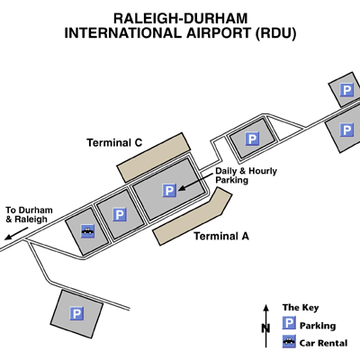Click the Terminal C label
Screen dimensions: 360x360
point(114,142)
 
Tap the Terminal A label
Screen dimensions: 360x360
point(221,236)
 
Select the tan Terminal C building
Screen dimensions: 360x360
point(154,157)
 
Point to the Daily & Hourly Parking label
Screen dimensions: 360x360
point(246,175)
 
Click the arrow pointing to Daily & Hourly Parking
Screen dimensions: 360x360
point(195,182)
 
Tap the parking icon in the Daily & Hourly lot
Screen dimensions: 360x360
point(169,191)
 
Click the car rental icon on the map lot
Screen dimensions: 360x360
point(88,231)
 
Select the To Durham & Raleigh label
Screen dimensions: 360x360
point(29,214)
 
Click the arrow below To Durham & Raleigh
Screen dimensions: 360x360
point(16,234)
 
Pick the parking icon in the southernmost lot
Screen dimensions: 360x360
point(76,314)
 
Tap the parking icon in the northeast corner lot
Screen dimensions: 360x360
point(346,90)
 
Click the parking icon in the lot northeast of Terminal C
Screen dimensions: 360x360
point(252,139)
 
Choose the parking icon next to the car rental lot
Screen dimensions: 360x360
point(120,214)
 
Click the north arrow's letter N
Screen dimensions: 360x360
point(265,328)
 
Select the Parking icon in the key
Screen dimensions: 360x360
point(289,323)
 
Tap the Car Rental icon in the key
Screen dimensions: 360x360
point(289,341)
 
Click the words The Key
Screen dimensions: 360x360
point(301,308)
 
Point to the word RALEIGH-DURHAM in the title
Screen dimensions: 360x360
point(180,19)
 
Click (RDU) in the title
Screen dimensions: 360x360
point(275,33)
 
